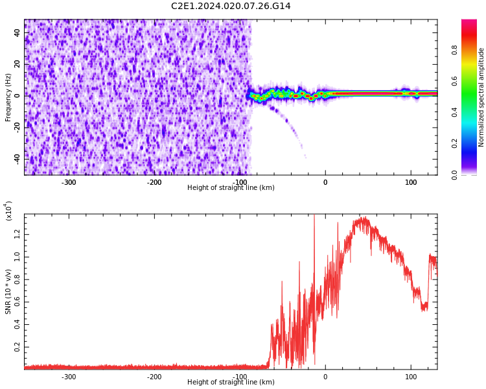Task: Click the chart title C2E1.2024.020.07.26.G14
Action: click(231, 6)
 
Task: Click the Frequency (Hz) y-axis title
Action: click(8, 97)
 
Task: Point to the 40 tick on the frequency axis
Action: click(17, 32)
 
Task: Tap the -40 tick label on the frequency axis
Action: click(16, 158)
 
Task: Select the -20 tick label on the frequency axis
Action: click(16, 127)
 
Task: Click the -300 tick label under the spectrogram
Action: click(69, 182)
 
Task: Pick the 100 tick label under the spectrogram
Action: click(411, 182)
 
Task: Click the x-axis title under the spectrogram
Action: click(231, 188)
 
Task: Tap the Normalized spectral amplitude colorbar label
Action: click(481, 97)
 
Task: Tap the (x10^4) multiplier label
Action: click(8, 211)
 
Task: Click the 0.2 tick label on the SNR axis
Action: click(17, 348)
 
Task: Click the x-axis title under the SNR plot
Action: click(231, 383)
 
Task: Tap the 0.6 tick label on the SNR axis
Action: click(17, 302)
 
